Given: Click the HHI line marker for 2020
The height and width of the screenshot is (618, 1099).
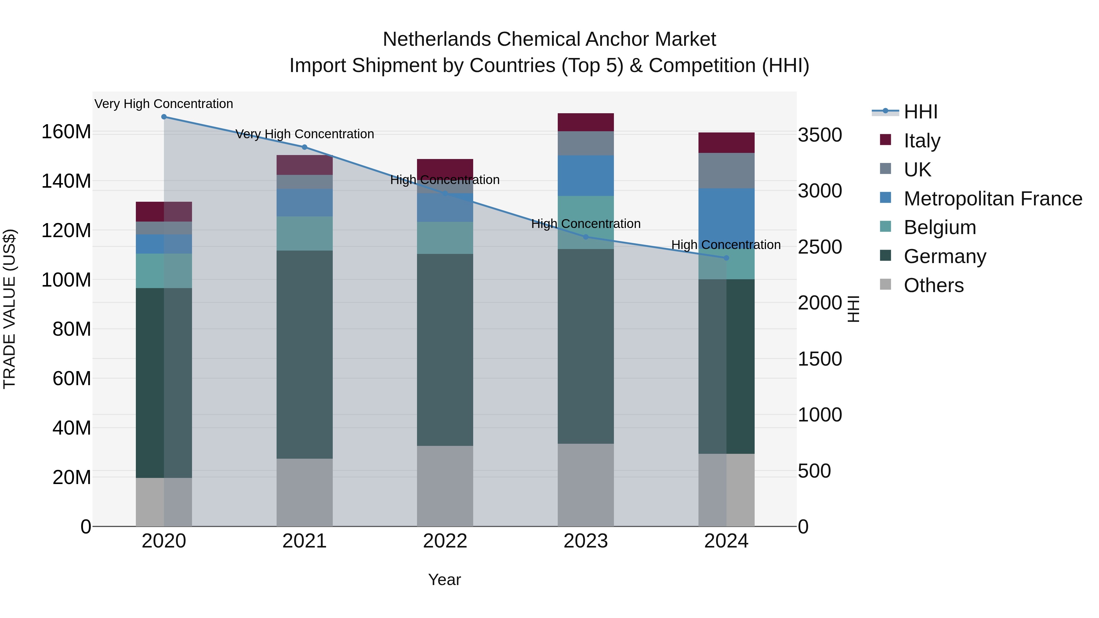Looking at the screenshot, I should tap(164, 117).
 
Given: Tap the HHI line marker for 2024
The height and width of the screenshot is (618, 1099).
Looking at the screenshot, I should tap(726, 258).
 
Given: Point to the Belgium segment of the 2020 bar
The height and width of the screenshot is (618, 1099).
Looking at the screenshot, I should tap(164, 271).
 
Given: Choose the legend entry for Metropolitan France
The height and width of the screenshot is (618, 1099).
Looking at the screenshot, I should tap(992, 199).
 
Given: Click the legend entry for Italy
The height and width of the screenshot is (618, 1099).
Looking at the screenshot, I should tap(922, 141).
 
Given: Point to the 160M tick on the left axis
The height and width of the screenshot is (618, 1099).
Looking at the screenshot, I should tap(66, 132).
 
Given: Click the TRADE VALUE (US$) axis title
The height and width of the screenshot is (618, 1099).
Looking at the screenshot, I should tap(9, 309).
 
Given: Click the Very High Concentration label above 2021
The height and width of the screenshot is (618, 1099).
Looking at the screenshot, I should tap(305, 134).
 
